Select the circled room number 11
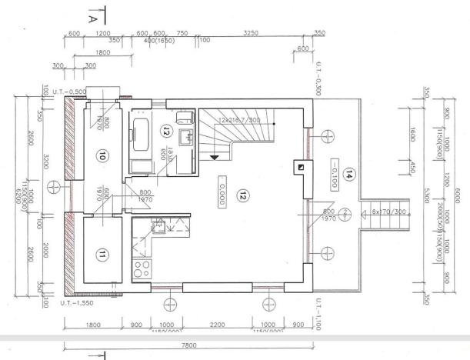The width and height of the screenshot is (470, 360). [100, 253]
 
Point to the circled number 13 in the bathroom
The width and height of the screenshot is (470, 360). [165, 132]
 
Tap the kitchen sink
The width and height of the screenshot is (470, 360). [158, 227]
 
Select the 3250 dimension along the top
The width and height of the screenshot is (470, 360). [251, 35]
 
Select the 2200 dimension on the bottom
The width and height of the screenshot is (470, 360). [218, 324]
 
